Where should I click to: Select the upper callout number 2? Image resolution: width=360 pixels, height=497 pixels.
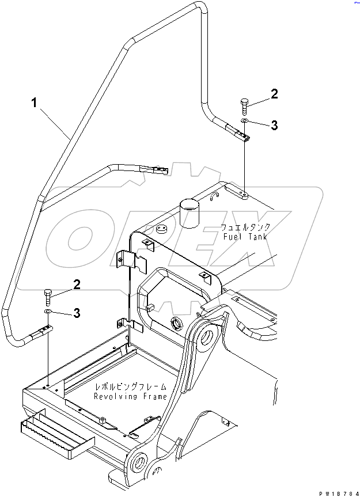click(274, 94)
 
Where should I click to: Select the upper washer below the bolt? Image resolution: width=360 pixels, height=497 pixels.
click(244, 122)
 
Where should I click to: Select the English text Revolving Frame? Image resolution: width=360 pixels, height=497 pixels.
click(131, 396)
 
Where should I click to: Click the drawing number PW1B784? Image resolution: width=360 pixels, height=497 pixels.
click(336, 491)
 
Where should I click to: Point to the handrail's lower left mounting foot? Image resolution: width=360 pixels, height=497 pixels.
click(44, 331)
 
